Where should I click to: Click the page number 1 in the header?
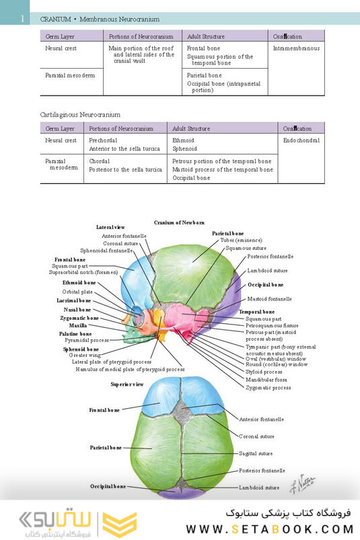(x=22, y=19)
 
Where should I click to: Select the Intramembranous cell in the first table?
(x=296, y=48)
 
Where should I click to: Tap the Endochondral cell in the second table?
(x=301, y=140)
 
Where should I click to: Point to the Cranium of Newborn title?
(x=179, y=222)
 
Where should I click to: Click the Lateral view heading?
(x=110, y=228)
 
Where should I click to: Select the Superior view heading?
(x=127, y=384)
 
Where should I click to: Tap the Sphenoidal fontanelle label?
(x=106, y=250)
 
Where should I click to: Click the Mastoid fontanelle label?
(x=269, y=298)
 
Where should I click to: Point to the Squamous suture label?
(x=246, y=248)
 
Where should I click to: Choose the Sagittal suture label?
(x=256, y=454)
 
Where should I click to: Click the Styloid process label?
(x=264, y=372)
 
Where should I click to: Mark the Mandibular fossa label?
(x=266, y=380)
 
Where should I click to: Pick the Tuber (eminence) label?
(x=241, y=240)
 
